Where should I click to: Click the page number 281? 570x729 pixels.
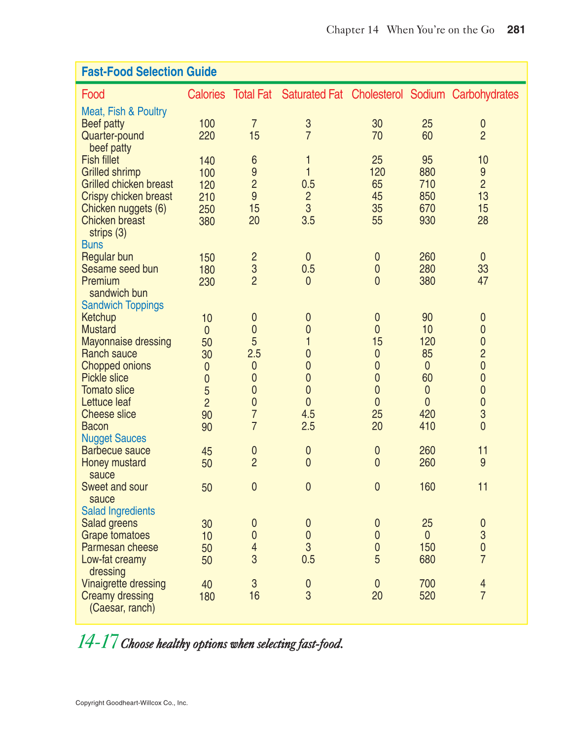click(516, 30)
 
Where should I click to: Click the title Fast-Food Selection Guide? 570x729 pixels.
click(149, 72)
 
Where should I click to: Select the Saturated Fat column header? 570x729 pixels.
click(312, 95)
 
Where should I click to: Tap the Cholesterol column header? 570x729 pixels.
click(377, 95)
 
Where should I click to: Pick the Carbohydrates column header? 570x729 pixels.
click(485, 95)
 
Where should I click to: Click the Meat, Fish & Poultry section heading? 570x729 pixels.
click(124, 111)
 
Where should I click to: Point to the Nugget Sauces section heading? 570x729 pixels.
click(113, 438)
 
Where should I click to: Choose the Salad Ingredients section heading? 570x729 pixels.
click(118, 511)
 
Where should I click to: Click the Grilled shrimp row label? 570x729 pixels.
click(111, 172)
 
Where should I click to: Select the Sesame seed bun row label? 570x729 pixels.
click(120, 269)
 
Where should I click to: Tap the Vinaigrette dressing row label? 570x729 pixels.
click(123, 584)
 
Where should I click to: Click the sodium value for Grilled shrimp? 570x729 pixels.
click(427, 172)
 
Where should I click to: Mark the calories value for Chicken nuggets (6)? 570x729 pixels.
click(207, 209)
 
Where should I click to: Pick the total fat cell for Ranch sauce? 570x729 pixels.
click(254, 353)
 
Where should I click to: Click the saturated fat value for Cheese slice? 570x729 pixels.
click(308, 414)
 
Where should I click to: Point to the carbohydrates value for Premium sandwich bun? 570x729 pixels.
click(483, 281)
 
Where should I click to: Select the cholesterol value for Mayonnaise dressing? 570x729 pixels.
click(377, 342)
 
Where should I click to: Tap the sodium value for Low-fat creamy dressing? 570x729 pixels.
click(427, 559)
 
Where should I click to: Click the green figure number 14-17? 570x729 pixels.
click(97, 642)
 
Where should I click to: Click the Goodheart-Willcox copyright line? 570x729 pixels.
click(132, 703)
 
